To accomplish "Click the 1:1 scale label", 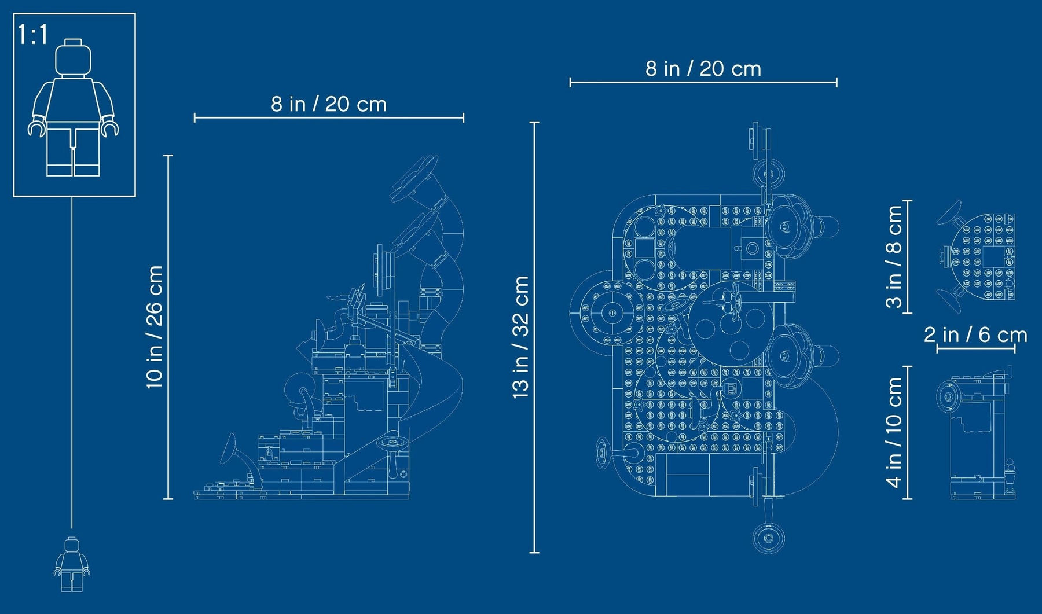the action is tap(33, 35).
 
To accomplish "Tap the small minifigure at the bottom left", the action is tap(72, 564).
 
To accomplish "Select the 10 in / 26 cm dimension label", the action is tap(155, 326).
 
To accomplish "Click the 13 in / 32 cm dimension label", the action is tap(520, 337).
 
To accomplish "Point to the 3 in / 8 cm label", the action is tap(894, 256).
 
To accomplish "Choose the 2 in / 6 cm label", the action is tap(975, 334).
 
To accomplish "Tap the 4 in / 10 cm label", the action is tap(894, 432).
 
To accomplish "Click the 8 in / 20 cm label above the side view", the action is tap(328, 104).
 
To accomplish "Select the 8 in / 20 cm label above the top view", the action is tap(703, 69).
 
